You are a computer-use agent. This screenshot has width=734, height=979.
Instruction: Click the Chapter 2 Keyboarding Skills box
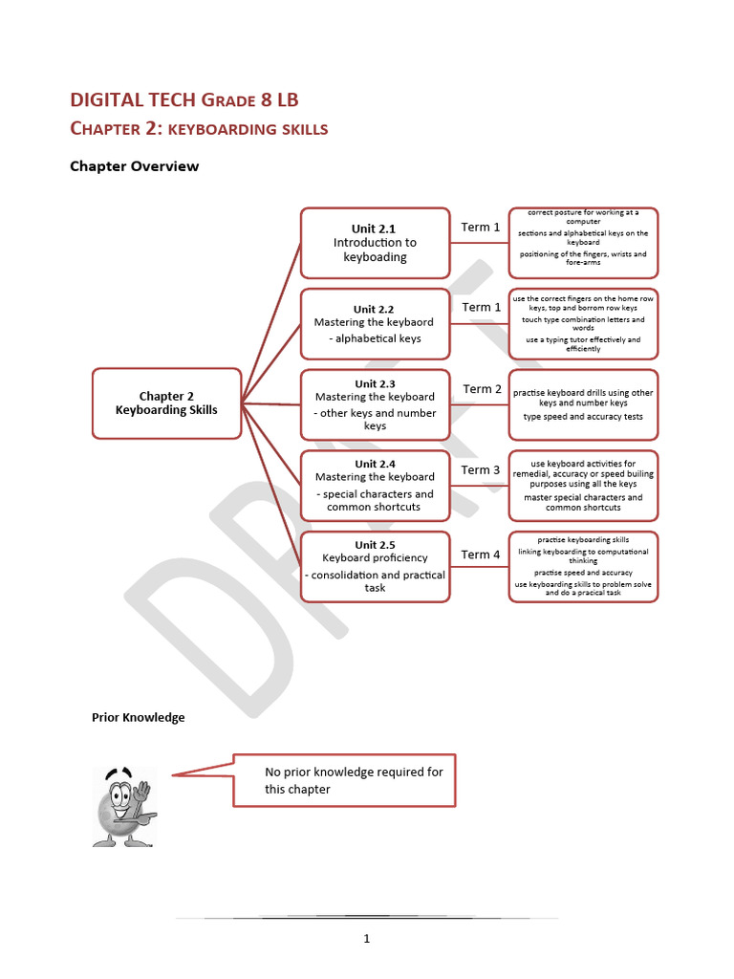[166, 403]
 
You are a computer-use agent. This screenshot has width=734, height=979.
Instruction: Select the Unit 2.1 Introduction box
[375, 243]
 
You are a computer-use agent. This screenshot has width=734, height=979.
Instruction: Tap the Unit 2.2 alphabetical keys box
[375, 323]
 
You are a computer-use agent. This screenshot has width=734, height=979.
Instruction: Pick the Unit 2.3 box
[375, 404]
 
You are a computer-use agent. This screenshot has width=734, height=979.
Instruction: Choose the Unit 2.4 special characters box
[375, 485]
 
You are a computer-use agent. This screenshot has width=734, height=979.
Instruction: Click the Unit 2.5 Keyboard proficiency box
[375, 566]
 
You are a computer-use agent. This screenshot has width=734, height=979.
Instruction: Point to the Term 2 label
[483, 389]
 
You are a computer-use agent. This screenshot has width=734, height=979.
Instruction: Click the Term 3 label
[481, 470]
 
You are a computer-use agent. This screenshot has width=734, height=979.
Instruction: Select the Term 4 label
[481, 555]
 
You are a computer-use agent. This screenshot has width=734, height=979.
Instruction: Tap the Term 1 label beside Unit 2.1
[481, 228]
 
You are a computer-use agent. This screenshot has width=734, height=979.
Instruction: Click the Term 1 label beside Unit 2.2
[482, 308]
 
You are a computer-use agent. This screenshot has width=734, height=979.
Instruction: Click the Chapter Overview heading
[135, 166]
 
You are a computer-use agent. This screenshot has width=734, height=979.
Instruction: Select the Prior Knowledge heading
[139, 717]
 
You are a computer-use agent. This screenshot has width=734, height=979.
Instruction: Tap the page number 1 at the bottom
[366, 939]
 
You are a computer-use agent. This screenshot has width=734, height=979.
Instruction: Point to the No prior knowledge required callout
[344, 780]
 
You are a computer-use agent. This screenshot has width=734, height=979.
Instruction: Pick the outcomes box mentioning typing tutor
[583, 323]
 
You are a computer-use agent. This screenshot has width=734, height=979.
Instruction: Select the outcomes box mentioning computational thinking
[583, 566]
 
